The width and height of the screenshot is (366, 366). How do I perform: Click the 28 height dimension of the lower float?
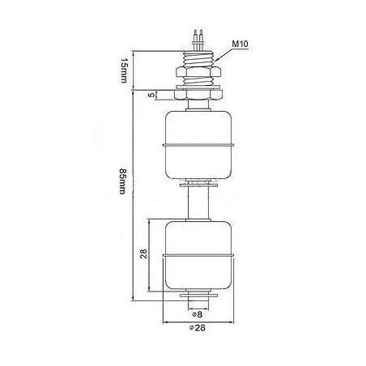[143, 255]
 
